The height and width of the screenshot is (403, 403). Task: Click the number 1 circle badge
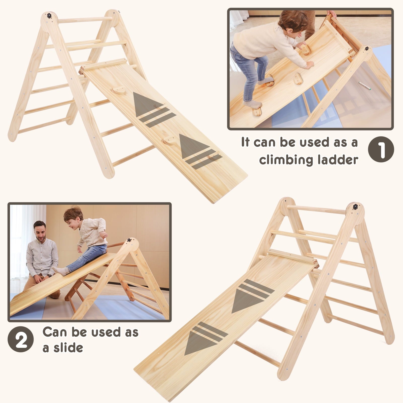[381, 149]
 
